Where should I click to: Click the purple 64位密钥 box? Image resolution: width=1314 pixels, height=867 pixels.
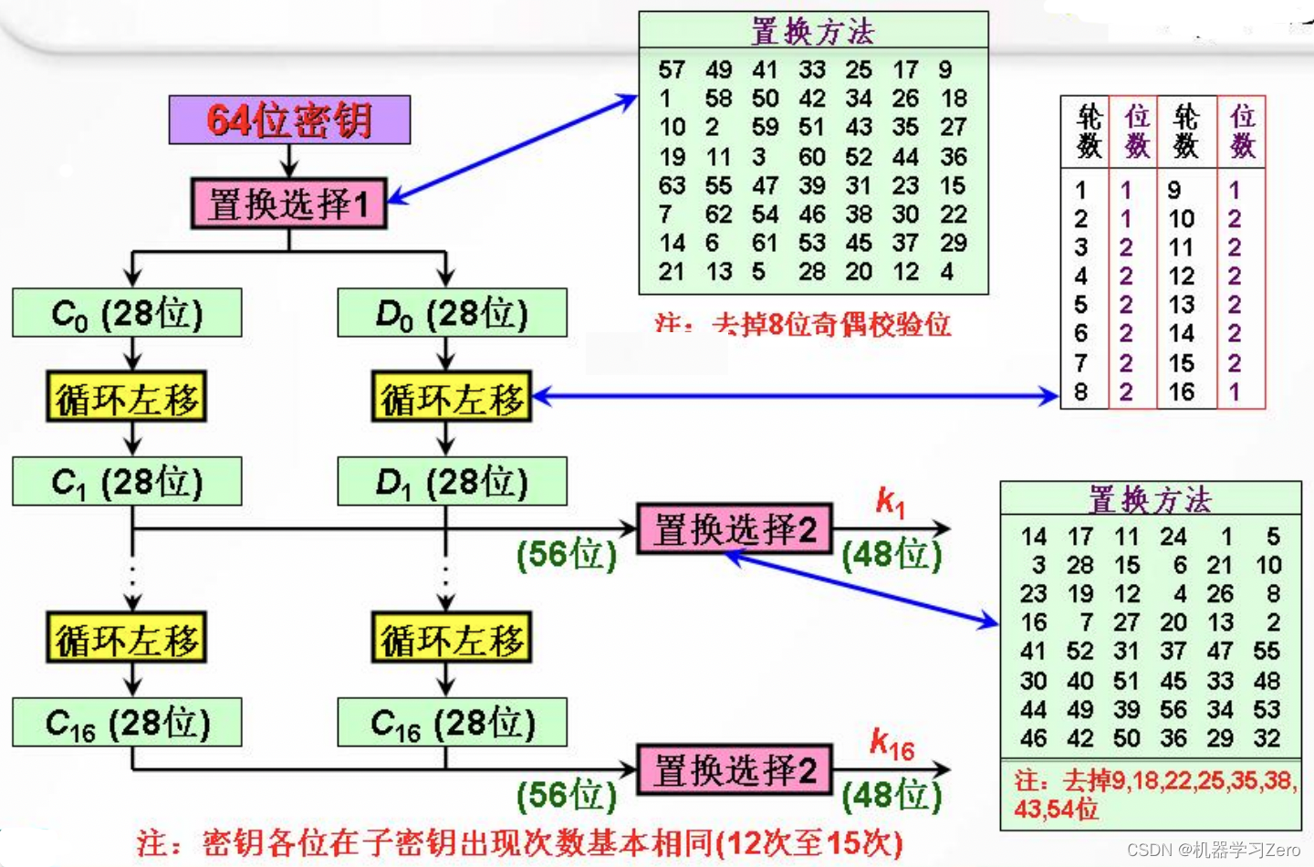(289, 120)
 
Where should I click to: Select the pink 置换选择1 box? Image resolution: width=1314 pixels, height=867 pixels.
(288, 204)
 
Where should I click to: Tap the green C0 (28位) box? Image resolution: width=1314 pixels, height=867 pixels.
(127, 313)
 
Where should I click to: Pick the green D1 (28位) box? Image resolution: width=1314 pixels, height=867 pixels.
(452, 482)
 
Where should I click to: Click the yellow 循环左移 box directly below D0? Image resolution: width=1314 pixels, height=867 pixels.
(452, 397)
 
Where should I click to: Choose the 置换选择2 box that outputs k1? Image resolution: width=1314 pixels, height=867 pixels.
(735, 529)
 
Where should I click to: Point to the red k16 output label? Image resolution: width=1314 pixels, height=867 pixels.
(892, 744)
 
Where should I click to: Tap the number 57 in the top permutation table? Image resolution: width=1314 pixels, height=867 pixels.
(672, 69)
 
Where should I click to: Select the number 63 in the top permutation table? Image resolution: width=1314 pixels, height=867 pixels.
(672, 185)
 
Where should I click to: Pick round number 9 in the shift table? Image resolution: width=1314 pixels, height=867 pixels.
(1173, 190)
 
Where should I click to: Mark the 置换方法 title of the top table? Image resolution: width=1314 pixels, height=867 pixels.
(812, 31)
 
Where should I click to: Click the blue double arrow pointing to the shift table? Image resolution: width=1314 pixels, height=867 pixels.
(794, 396)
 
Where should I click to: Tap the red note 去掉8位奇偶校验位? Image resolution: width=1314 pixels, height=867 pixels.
(803, 324)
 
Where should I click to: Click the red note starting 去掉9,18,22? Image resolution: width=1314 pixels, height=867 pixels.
(1154, 794)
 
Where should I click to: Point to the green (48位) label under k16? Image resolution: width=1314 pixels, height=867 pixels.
(892, 795)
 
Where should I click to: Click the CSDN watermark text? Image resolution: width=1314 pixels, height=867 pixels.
(1213, 850)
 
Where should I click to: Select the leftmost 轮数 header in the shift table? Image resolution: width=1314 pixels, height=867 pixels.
(1088, 131)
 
